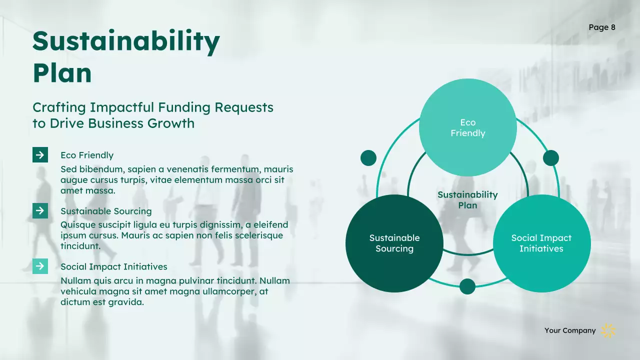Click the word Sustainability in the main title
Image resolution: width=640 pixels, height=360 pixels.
126,42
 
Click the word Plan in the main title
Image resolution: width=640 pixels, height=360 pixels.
62,73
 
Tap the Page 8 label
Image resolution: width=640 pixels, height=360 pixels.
602,27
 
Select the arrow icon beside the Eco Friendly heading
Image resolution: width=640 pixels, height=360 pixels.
40,155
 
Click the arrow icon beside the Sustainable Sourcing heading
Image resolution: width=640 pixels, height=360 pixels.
40,210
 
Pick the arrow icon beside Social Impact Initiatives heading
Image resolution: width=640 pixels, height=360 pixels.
40,266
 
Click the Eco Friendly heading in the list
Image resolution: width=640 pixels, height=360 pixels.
87,155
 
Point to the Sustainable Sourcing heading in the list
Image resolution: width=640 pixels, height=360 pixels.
106,211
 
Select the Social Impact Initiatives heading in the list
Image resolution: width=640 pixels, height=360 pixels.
114,266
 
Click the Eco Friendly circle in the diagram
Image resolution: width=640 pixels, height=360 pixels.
467,127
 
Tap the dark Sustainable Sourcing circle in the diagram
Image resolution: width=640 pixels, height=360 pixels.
394,243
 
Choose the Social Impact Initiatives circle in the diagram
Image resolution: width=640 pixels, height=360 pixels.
541,243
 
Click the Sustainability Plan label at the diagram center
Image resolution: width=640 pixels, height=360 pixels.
467,200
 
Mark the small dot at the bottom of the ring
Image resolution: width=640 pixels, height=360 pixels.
467,286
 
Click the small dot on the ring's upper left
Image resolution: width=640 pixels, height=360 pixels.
368,158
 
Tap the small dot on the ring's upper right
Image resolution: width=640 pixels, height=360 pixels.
551,158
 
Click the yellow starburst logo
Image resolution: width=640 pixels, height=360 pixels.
608,330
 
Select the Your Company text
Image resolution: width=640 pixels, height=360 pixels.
570,330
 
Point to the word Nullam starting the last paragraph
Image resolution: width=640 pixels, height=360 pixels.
76,281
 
